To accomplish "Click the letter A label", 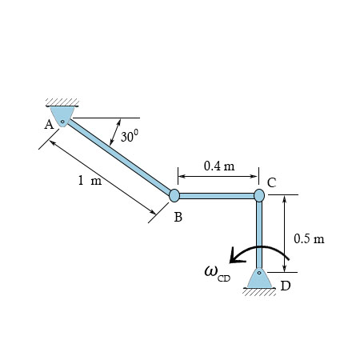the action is (49, 125).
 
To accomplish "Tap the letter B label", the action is (178, 217).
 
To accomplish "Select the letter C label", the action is (272, 183).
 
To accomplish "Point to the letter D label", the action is (286, 286).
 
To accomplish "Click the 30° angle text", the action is (130, 135).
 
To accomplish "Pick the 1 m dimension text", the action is (90, 180).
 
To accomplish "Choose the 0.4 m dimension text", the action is (219, 166).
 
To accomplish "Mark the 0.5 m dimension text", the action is (309, 238).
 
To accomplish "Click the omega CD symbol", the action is (217, 273).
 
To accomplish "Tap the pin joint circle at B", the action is (174, 195).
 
